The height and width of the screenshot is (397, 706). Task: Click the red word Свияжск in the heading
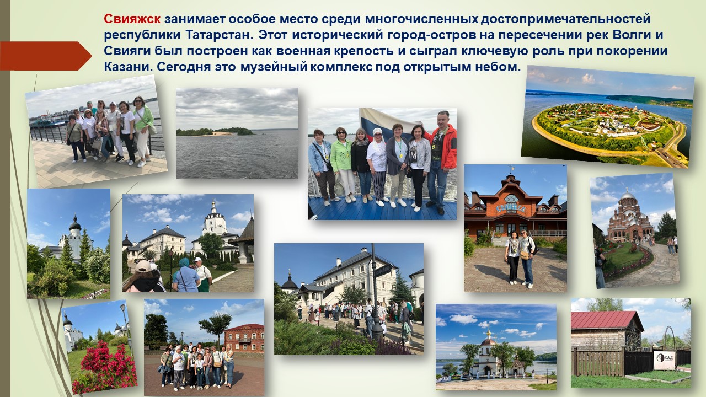(132, 19)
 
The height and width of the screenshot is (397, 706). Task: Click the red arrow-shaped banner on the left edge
(46, 56)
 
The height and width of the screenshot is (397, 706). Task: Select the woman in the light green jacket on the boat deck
(343, 164)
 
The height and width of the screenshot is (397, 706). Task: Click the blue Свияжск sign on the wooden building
(511, 208)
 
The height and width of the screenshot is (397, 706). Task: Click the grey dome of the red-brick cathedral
(627, 196)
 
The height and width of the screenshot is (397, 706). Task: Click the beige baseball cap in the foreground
(143, 266)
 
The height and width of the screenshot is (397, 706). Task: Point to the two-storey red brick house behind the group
(244, 338)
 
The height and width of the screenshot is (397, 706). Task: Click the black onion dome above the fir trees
(75, 224)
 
